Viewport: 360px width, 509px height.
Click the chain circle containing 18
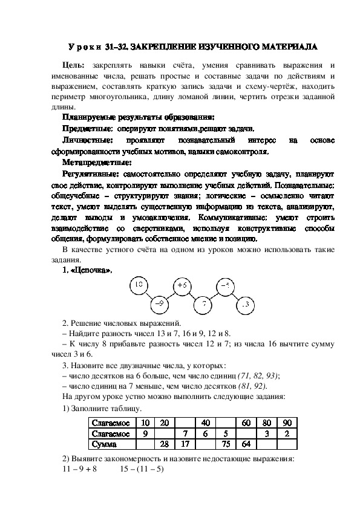pos(139,284)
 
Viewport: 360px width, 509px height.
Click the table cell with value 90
pos(287,423)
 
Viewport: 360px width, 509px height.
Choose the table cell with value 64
pos(246,444)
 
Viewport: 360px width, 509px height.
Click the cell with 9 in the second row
pos(145,433)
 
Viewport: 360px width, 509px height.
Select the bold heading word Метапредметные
pos(97,162)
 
